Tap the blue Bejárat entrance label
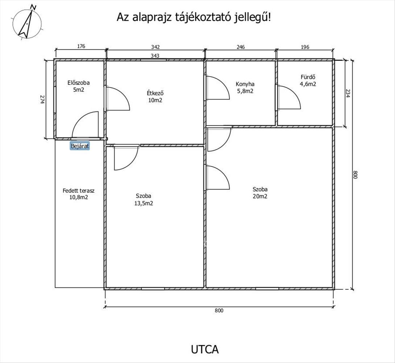(80, 146)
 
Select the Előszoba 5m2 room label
(79, 86)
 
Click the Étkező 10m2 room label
(155, 97)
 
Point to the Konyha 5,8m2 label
(245, 87)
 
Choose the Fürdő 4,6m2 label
(308, 81)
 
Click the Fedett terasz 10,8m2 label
(79, 194)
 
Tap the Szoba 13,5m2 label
(144, 200)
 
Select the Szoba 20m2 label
(260, 193)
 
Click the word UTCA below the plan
(205, 349)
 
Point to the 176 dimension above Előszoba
(81, 46)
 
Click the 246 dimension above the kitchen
(241, 47)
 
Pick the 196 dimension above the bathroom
(305, 47)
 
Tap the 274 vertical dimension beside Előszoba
(42, 99)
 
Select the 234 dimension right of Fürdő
(348, 93)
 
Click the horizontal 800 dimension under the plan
(219, 310)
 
